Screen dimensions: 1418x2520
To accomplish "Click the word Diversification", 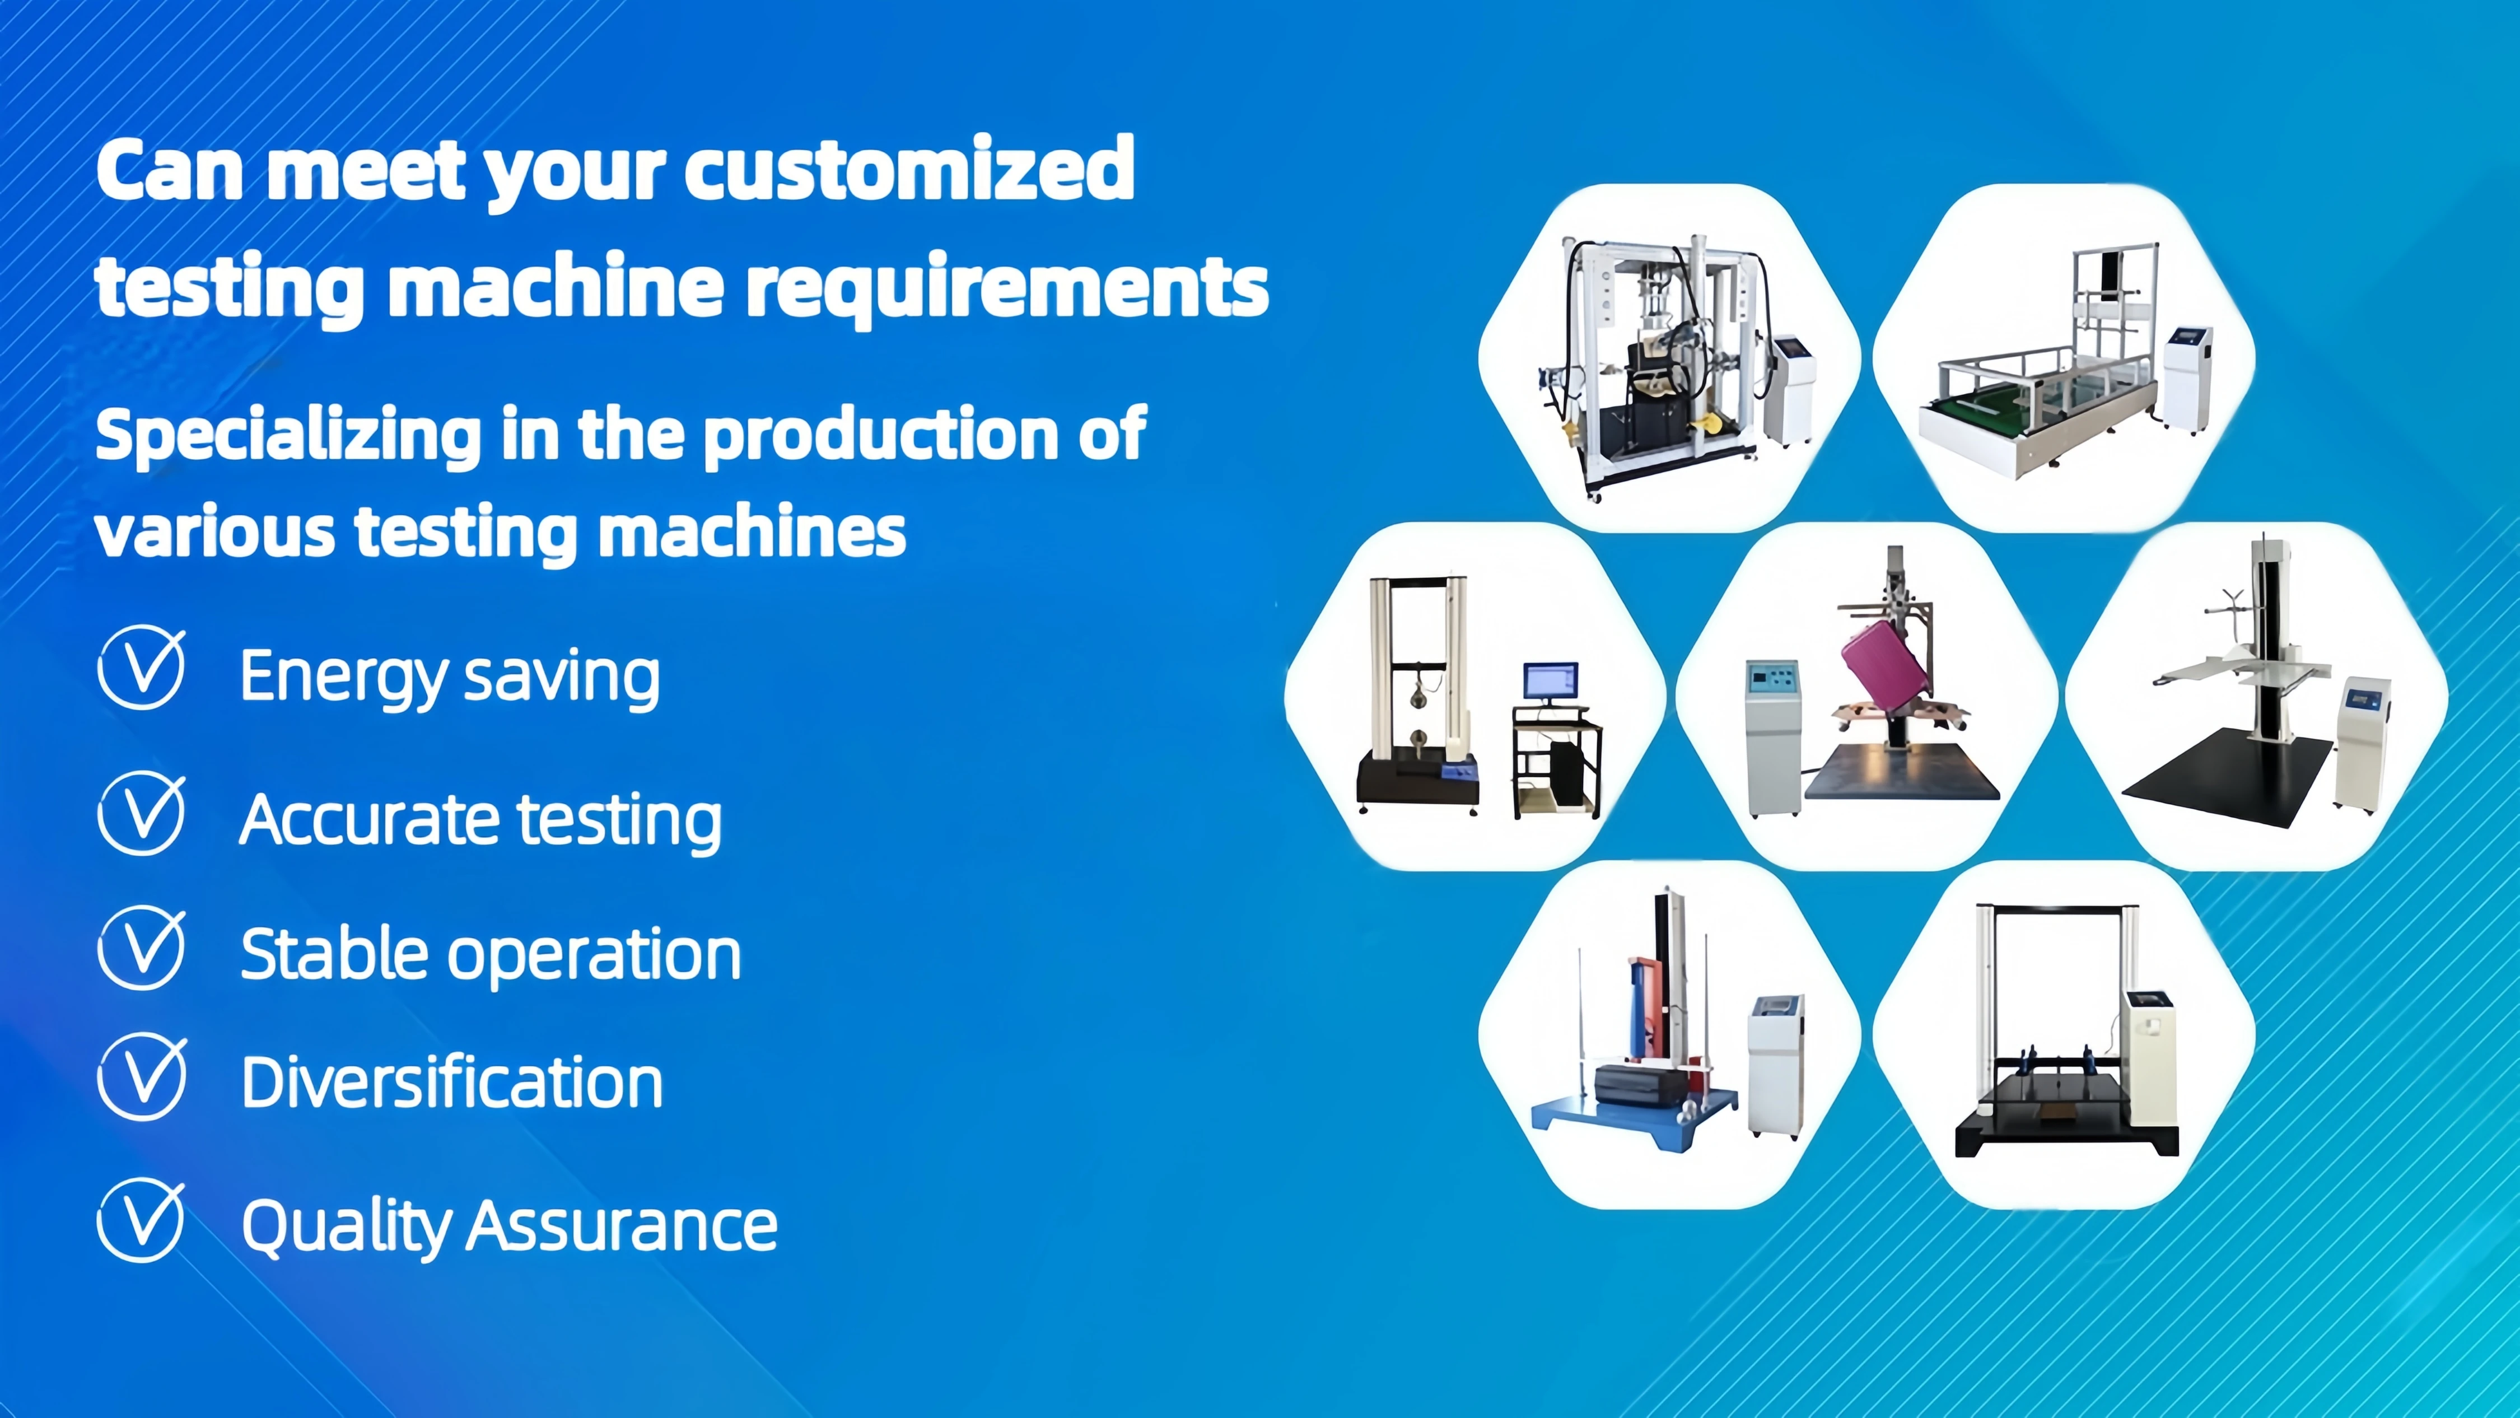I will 452,1083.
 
